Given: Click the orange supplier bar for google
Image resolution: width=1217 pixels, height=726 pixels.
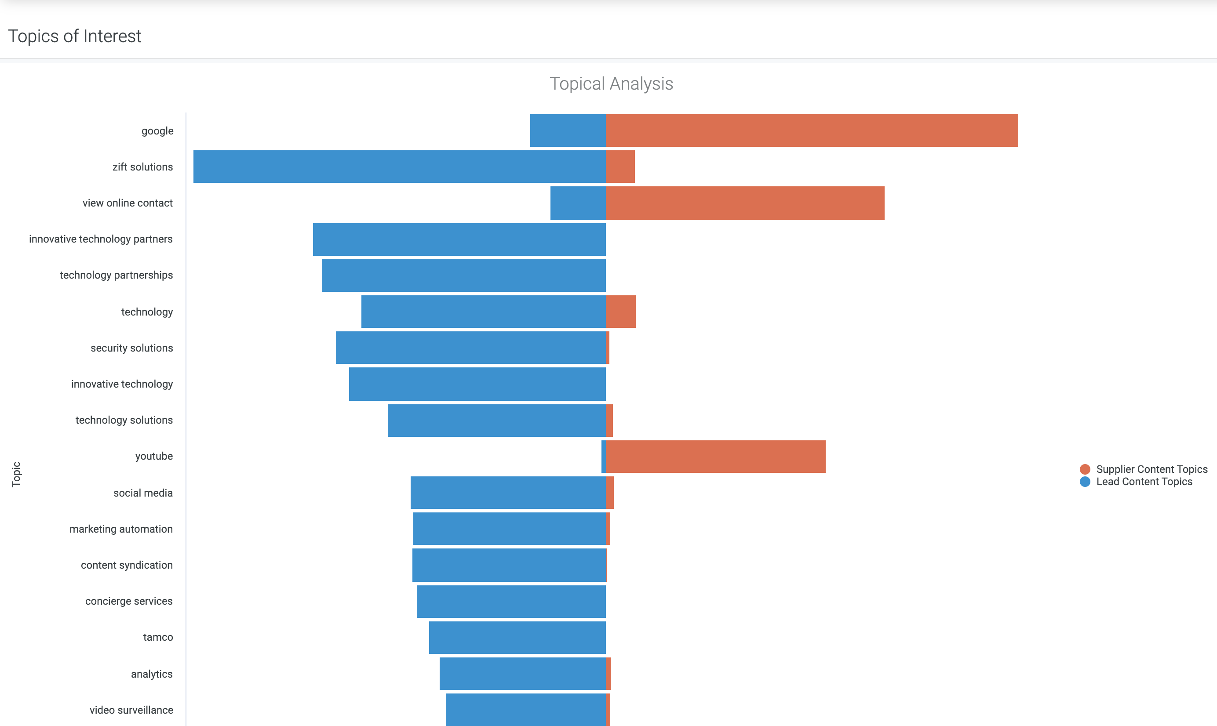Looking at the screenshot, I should pos(811,131).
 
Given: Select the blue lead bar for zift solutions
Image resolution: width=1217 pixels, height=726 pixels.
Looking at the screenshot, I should pos(399,167).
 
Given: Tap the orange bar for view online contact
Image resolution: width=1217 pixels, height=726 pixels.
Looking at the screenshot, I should pos(745,203).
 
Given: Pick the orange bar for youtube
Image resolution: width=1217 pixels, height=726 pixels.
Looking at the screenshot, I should pos(715,457).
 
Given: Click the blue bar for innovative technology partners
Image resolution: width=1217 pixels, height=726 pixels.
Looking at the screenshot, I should pos(459,239).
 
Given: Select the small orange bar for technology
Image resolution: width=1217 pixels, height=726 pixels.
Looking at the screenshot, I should pos(620,312).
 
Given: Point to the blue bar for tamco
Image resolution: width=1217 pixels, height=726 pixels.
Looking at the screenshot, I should pos(517,638).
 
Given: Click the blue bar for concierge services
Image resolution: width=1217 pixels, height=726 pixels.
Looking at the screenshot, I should pos(511,601).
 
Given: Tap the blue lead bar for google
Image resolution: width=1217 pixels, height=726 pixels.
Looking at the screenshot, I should pos(568,131).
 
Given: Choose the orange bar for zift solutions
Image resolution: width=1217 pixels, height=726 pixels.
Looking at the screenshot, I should pos(620,167).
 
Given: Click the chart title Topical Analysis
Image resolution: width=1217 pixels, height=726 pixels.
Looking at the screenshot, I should pos(611,83).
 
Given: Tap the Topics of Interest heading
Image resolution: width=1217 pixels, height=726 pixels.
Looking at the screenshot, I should pos(75,36).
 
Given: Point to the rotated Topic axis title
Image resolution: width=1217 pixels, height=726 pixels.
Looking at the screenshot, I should pos(16,474).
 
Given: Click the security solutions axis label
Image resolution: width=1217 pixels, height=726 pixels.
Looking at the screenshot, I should pos(131,348).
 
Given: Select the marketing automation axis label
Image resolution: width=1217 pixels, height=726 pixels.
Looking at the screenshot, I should pos(121,529).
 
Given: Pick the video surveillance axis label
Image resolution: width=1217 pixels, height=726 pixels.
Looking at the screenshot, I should pos(131,710).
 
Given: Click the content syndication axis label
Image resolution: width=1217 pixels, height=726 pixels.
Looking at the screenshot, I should pos(127,565).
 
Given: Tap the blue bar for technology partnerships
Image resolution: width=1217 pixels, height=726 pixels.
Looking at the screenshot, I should pos(463,276).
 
